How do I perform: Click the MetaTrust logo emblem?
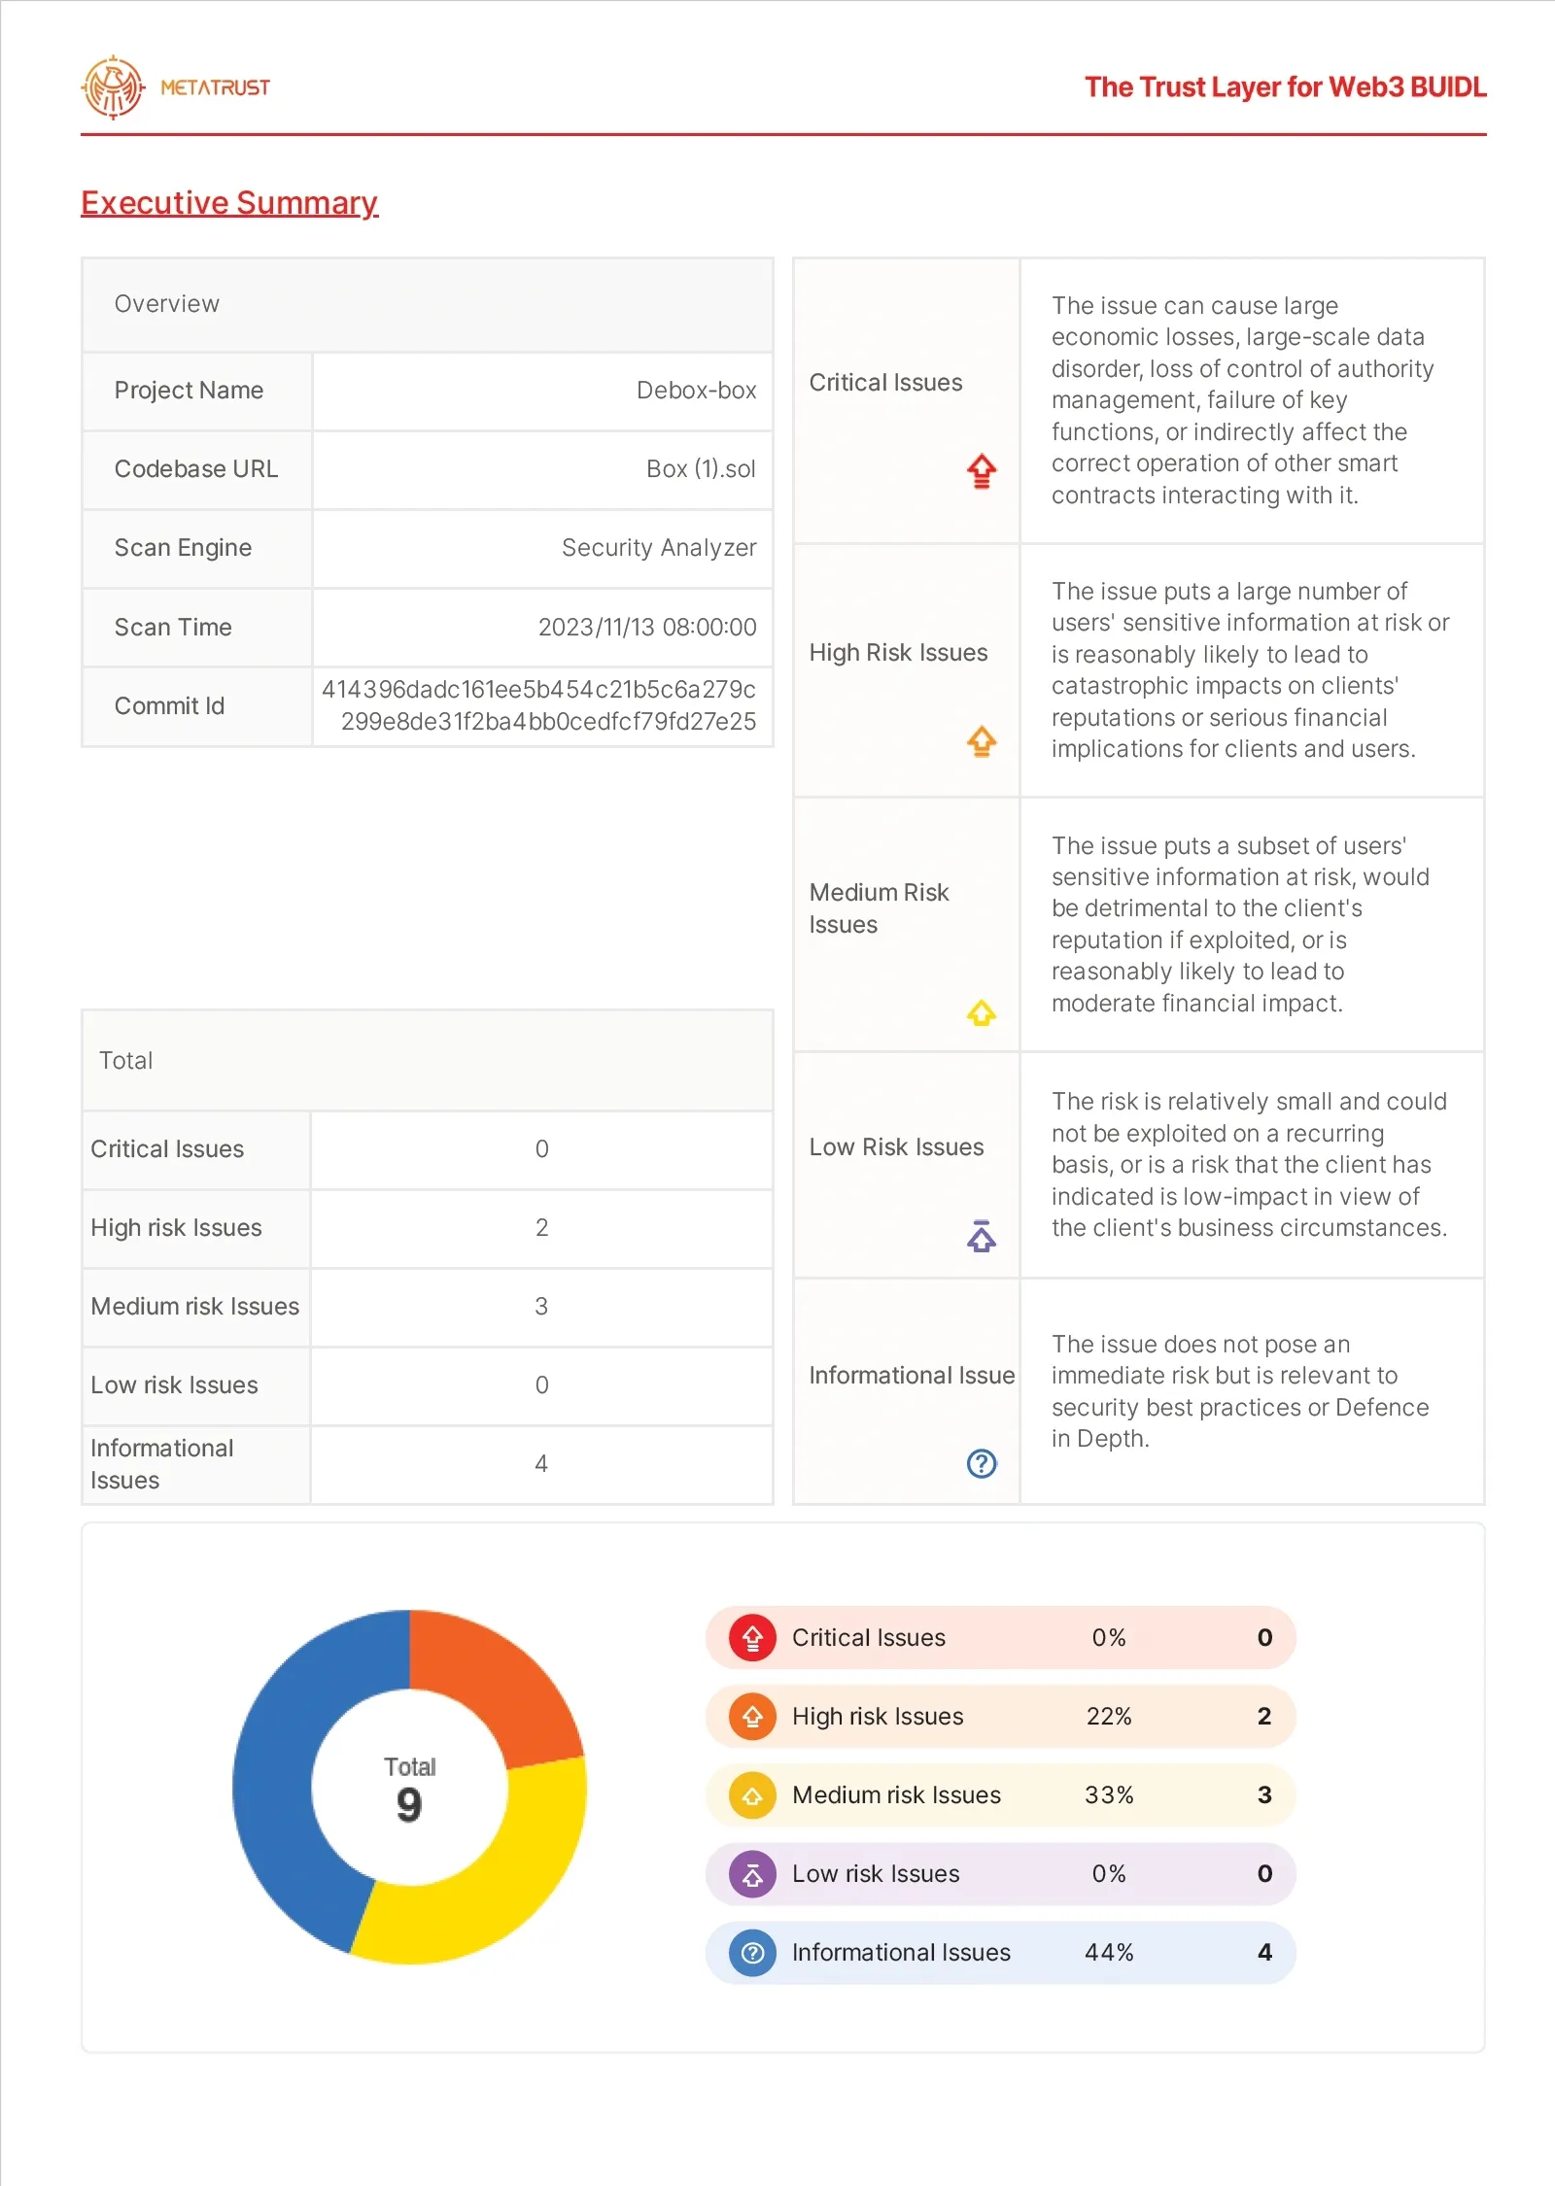[113, 87]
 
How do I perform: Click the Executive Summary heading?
[229, 202]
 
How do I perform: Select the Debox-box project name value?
[696, 391]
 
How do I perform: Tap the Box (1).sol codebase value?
[701, 469]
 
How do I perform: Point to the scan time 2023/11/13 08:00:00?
[647, 628]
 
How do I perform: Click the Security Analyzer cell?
[659, 548]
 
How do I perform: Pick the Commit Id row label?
[169, 706]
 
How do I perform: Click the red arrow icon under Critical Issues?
[982, 471]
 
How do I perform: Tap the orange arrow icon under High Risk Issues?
[982, 741]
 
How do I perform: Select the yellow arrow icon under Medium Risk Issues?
[982, 1013]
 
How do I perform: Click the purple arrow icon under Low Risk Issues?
[982, 1236]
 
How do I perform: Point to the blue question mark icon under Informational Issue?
[982, 1463]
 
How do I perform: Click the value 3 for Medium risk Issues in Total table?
[541, 1307]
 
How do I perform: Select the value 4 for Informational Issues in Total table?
[541, 1464]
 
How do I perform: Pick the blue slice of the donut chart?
[282, 1778]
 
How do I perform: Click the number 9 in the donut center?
[409, 1805]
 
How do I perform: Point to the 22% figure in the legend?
[1109, 1717]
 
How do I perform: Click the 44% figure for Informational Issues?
[1109, 1953]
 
